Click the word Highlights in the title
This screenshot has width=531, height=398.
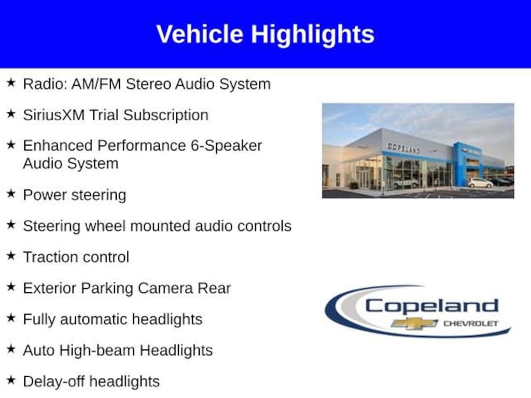pyautogui.click(x=312, y=35)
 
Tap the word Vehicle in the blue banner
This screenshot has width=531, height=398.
pyautogui.click(x=200, y=34)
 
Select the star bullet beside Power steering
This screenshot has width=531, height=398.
pyautogui.click(x=11, y=194)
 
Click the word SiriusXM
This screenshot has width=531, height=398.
pyautogui.click(x=54, y=115)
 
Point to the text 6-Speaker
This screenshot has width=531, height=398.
pyautogui.click(x=226, y=146)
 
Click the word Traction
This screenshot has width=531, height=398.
pyautogui.click(x=51, y=257)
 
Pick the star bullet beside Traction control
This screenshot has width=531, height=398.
pyautogui.click(x=11, y=256)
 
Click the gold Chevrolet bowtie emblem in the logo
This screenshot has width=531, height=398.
pyautogui.click(x=414, y=324)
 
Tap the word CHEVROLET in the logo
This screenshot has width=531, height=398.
pyautogui.click(x=471, y=323)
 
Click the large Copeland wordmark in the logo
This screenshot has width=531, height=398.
pyautogui.click(x=432, y=306)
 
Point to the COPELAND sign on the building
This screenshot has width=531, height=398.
pyautogui.click(x=403, y=148)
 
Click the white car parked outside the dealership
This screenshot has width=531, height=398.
pyautogui.click(x=480, y=183)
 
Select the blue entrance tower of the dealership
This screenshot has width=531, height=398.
pyautogui.click(x=467, y=164)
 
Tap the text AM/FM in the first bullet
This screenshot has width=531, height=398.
pyautogui.click(x=96, y=84)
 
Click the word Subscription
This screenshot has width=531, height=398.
pyautogui.click(x=166, y=116)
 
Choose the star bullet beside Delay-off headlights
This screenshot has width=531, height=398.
pyautogui.click(x=11, y=380)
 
